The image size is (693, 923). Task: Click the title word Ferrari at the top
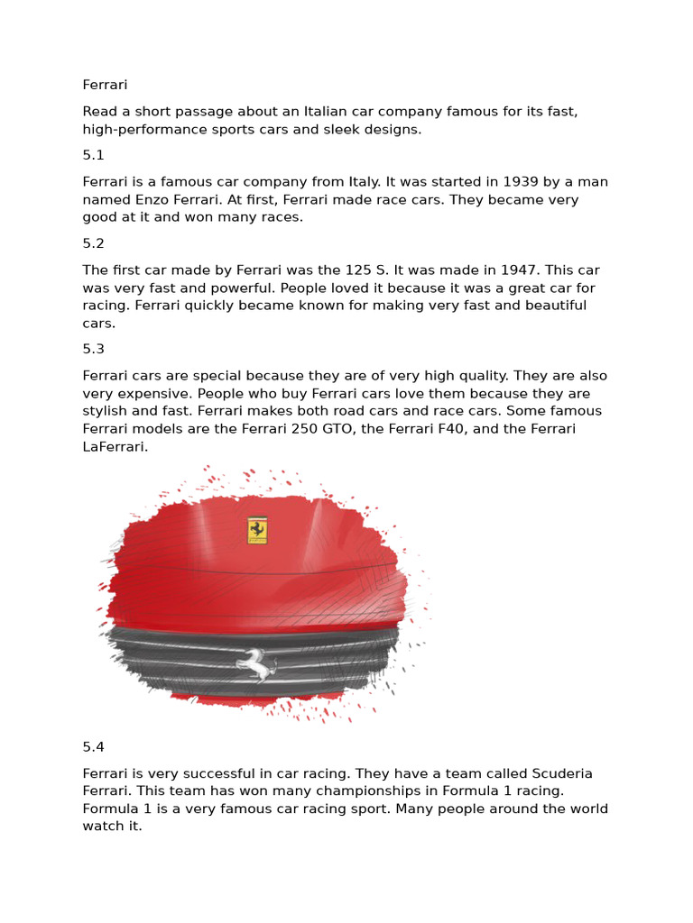(x=105, y=85)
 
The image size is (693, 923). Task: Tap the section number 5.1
(x=94, y=155)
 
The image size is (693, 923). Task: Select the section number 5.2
(x=94, y=243)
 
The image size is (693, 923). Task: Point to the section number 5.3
(x=94, y=349)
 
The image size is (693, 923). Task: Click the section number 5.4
(x=94, y=746)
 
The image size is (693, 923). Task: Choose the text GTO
(x=334, y=428)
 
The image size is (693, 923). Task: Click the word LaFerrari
(x=115, y=446)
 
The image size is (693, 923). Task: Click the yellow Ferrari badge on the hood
(x=257, y=531)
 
